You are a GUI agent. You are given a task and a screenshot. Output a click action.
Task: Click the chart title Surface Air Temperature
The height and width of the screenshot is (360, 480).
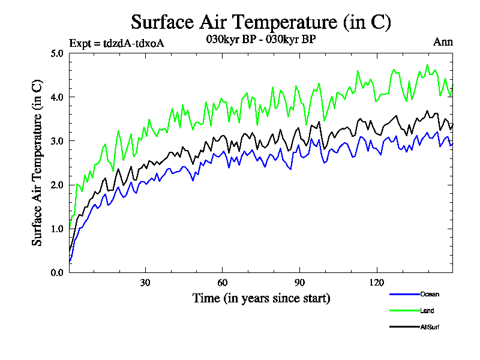[x=261, y=22]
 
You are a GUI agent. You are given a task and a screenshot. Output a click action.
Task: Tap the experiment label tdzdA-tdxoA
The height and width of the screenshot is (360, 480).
[x=116, y=43]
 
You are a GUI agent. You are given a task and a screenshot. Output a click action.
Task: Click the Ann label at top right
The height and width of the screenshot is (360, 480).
[x=443, y=42]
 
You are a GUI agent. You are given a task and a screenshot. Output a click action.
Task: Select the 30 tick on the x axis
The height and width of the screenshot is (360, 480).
[x=145, y=283]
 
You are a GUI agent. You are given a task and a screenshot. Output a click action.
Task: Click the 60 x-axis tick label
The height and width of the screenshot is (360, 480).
[x=222, y=283]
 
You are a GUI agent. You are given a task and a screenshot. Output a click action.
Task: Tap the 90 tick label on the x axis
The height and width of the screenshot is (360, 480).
[x=299, y=283]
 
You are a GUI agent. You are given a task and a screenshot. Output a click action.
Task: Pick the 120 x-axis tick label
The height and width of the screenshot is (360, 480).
[x=376, y=283]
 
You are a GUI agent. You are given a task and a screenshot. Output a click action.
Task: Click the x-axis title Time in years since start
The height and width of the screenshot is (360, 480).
[x=261, y=298]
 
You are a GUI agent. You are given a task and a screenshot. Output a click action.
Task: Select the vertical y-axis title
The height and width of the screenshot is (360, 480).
[x=37, y=163]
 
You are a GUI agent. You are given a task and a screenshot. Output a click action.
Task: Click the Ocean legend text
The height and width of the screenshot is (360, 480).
[x=430, y=294]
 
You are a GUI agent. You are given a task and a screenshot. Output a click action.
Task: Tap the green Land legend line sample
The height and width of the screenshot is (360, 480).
[x=404, y=311]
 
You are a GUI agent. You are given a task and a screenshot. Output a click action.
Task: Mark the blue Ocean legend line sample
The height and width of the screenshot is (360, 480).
[x=404, y=294]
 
